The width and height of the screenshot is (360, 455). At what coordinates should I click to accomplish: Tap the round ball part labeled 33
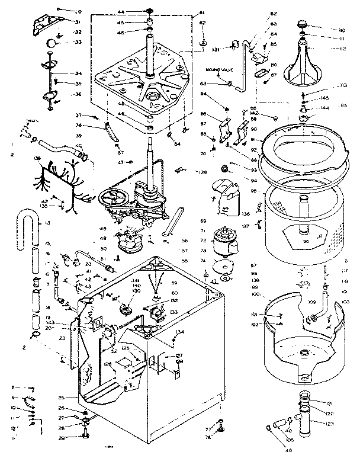coord(53,43)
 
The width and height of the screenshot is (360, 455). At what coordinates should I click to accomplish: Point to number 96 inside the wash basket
coord(306,241)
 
